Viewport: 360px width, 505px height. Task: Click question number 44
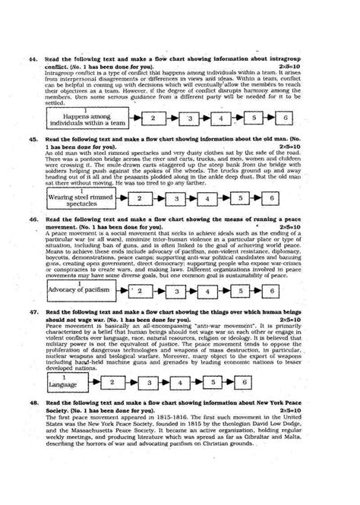[30, 58]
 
